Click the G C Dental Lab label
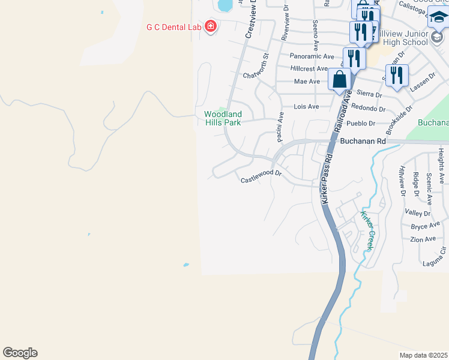pyautogui.click(x=174, y=27)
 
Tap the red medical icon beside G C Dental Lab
pyautogui.click(x=210, y=26)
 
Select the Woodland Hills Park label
pyautogui.click(x=223, y=118)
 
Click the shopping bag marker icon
pyautogui.click(x=340, y=79)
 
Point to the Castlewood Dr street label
pyautogui.click(x=261, y=176)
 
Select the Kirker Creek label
pyautogui.click(x=367, y=230)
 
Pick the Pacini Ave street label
pyautogui.click(x=280, y=127)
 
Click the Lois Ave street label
pyautogui.click(x=306, y=106)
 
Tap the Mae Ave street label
pyautogui.click(x=307, y=81)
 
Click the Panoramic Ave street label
pyautogui.click(x=312, y=56)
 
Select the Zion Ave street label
pyautogui.click(x=423, y=239)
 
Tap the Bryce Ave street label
pyautogui.click(x=426, y=226)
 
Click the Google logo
pyautogui.click(x=20, y=353)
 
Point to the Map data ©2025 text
pyautogui.click(x=423, y=355)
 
